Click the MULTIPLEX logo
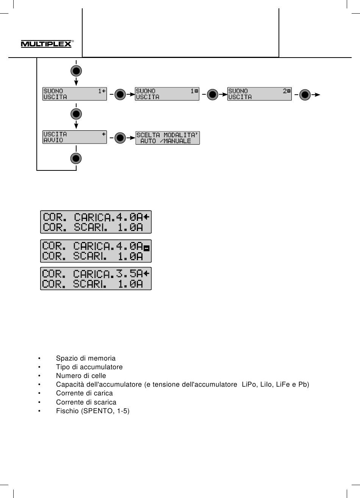[47, 44]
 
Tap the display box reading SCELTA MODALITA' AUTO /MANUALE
[167, 138]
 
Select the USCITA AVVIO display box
[75, 137]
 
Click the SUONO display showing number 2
[260, 94]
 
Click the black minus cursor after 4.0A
[147, 248]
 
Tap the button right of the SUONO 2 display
[305, 95]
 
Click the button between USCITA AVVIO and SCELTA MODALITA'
[120, 138]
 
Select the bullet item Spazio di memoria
[86, 358]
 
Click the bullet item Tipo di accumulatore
[89, 367]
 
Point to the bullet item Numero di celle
[81, 376]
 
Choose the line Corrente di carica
[85, 393]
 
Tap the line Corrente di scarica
[86, 402]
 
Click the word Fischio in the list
[67, 411]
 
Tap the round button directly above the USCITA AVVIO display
[76, 114]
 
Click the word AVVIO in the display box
[53, 140]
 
